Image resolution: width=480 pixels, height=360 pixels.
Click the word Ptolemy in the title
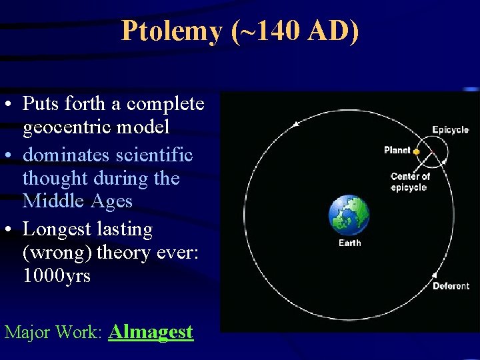(171, 31)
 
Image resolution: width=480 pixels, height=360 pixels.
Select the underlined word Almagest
(151, 331)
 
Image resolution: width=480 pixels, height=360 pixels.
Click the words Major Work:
(53, 332)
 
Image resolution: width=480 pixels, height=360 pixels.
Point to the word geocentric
(96, 126)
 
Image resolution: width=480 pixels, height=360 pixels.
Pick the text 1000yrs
(57, 275)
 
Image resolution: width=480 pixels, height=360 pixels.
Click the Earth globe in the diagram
(349, 215)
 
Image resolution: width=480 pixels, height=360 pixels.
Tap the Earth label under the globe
(349, 243)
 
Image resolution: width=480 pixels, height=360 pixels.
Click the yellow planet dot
(416, 151)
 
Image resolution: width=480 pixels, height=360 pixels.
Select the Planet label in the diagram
(397, 150)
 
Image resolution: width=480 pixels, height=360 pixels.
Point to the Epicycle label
(450, 130)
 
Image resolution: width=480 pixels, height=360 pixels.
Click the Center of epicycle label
(409, 181)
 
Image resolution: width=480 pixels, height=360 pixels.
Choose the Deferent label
(451, 286)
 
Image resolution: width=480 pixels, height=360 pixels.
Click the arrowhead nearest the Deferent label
(435, 274)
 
